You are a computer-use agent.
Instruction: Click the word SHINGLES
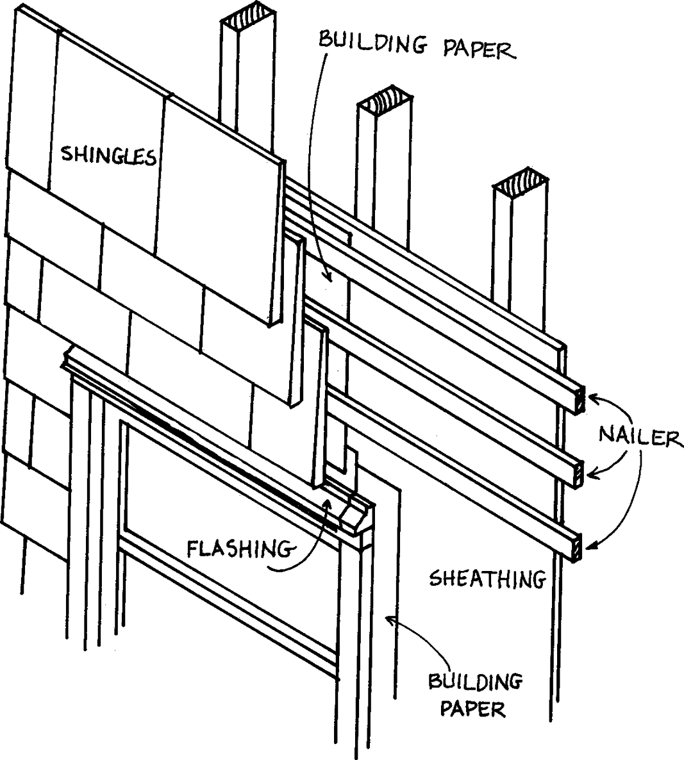tap(108, 155)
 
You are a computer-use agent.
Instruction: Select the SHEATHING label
tap(487, 579)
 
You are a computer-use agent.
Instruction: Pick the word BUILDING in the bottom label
tap(475, 682)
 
